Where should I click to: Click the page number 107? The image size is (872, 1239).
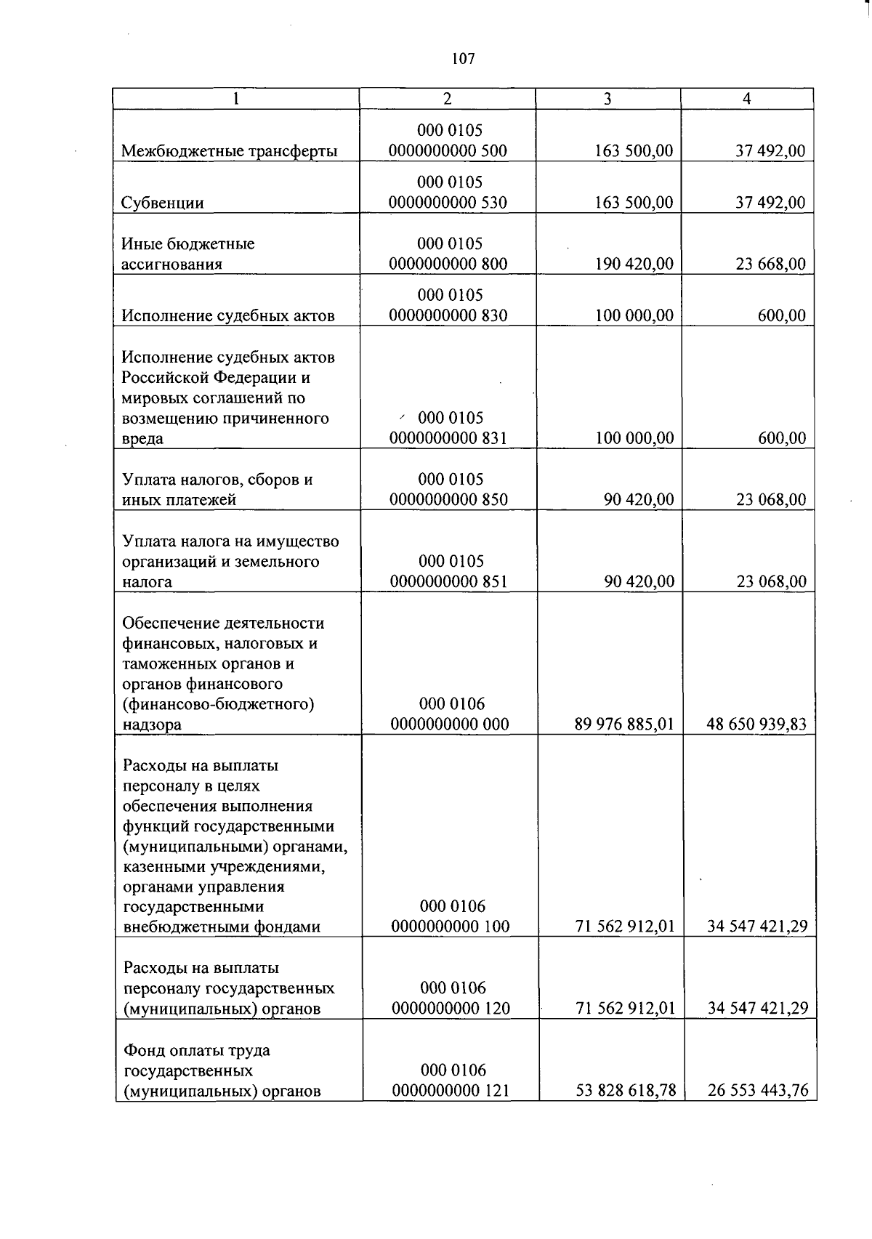click(x=463, y=59)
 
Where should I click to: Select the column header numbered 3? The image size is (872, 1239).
click(x=607, y=99)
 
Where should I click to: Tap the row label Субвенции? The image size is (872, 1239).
click(x=163, y=203)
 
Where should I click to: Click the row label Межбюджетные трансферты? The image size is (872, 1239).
click(x=229, y=151)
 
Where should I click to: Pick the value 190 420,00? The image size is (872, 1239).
click(x=634, y=264)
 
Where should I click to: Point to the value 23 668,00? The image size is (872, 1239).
click(x=770, y=264)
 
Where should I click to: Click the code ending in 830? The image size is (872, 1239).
click(x=448, y=315)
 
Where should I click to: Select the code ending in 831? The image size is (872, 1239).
click(x=448, y=438)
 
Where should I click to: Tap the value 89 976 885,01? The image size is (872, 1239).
click(x=624, y=724)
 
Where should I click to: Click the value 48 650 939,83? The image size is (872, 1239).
click(x=756, y=724)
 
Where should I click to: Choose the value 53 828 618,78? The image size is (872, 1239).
click(x=626, y=1091)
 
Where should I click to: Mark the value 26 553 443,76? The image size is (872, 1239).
click(x=757, y=1091)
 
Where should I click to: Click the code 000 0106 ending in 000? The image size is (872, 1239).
click(x=450, y=724)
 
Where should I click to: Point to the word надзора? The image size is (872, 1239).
click(x=152, y=725)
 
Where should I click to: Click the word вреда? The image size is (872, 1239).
click(x=142, y=439)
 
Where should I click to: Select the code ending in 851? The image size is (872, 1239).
click(x=449, y=581)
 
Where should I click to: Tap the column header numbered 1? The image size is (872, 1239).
click(x=236, y=99)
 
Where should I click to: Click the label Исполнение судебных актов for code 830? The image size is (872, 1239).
click(x=228, y=315)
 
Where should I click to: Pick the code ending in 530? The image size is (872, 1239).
click(x=448, y=203)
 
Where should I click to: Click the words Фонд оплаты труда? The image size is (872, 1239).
click(x=197, y=1050)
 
